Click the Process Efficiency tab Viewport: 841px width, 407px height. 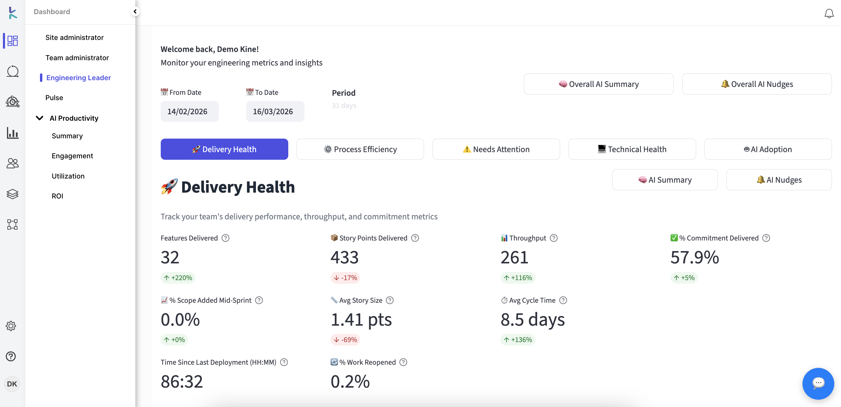360,149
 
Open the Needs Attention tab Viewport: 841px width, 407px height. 496,149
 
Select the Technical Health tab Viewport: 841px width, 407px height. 632,149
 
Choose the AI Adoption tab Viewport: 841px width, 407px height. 768,149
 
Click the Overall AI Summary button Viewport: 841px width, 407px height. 599,84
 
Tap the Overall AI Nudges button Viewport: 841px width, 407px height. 756,84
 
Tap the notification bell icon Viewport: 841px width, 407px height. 829,14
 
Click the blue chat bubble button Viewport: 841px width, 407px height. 818,383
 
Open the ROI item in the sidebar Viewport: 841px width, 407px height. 58,196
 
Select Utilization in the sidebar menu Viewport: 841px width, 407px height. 68,176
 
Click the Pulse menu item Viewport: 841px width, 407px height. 54,97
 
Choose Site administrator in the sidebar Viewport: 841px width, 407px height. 74,38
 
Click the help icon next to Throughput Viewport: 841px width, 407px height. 553,238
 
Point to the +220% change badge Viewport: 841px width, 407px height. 178,278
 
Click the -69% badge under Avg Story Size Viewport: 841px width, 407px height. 345,340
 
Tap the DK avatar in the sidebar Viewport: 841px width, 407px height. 12,384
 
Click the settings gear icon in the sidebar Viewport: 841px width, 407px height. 11,326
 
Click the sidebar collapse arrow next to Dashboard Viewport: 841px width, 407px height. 135,11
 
